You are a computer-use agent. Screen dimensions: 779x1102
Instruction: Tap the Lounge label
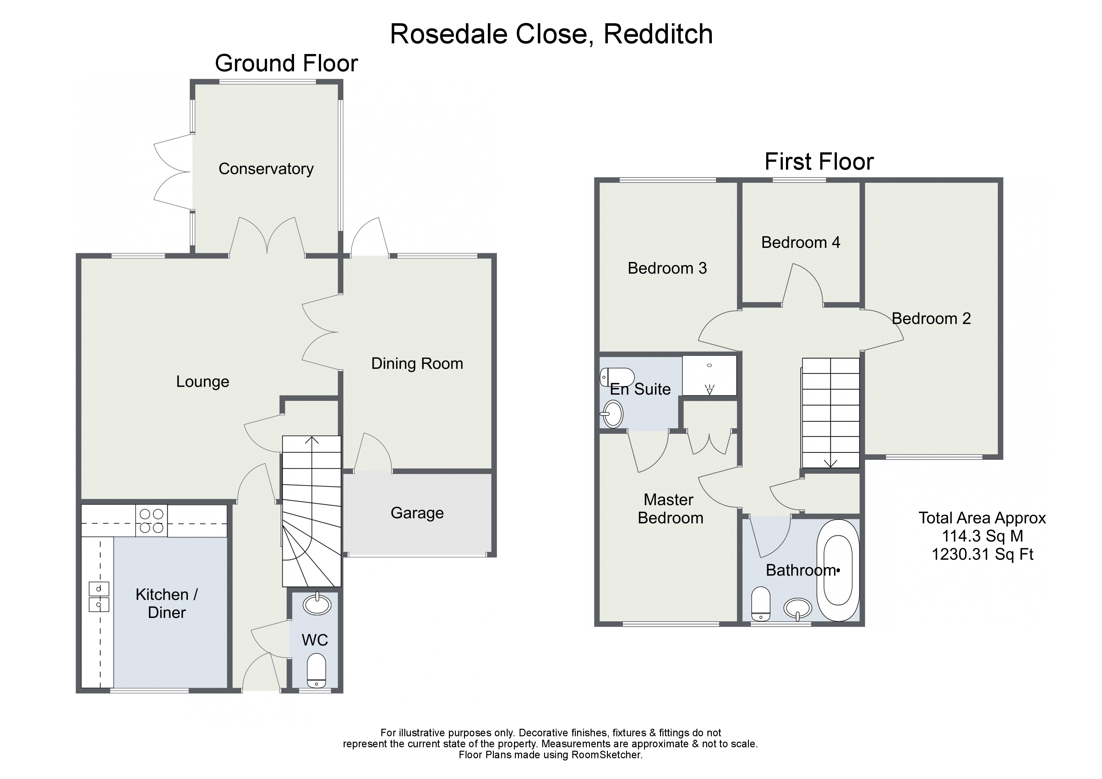pyautogui.click(x=203, y=382)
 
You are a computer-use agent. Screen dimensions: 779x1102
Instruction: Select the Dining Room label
pyautogui.click(x=417, y=363)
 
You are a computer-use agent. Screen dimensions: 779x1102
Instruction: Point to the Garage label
pyautogui.click(x=417, y=513)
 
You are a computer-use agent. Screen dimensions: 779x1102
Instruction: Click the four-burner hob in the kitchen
pyautogui.click(x=151, y=521)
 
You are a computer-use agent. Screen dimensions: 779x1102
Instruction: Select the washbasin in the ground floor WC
pyautogui.click(x=317, y=604)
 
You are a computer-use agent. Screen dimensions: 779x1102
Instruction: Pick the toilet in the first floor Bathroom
pyautogui.click(x=761, y=604)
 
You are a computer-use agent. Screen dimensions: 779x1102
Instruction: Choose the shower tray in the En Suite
pyautogui.click(x=709, y=375)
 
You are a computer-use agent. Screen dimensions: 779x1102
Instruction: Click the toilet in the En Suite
pyautogui.click(x=617, y=377)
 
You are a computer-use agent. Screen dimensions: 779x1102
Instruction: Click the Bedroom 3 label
pyautogui.click(x=667, y=268)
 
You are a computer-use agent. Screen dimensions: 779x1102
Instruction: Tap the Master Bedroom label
pyautogui.click(x=670, y=509)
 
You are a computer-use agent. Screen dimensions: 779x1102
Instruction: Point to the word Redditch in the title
pyautogui.click(x=657, y=35)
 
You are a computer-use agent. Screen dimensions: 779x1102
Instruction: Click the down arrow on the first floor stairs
pyautogui.click(x=830, y=463)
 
